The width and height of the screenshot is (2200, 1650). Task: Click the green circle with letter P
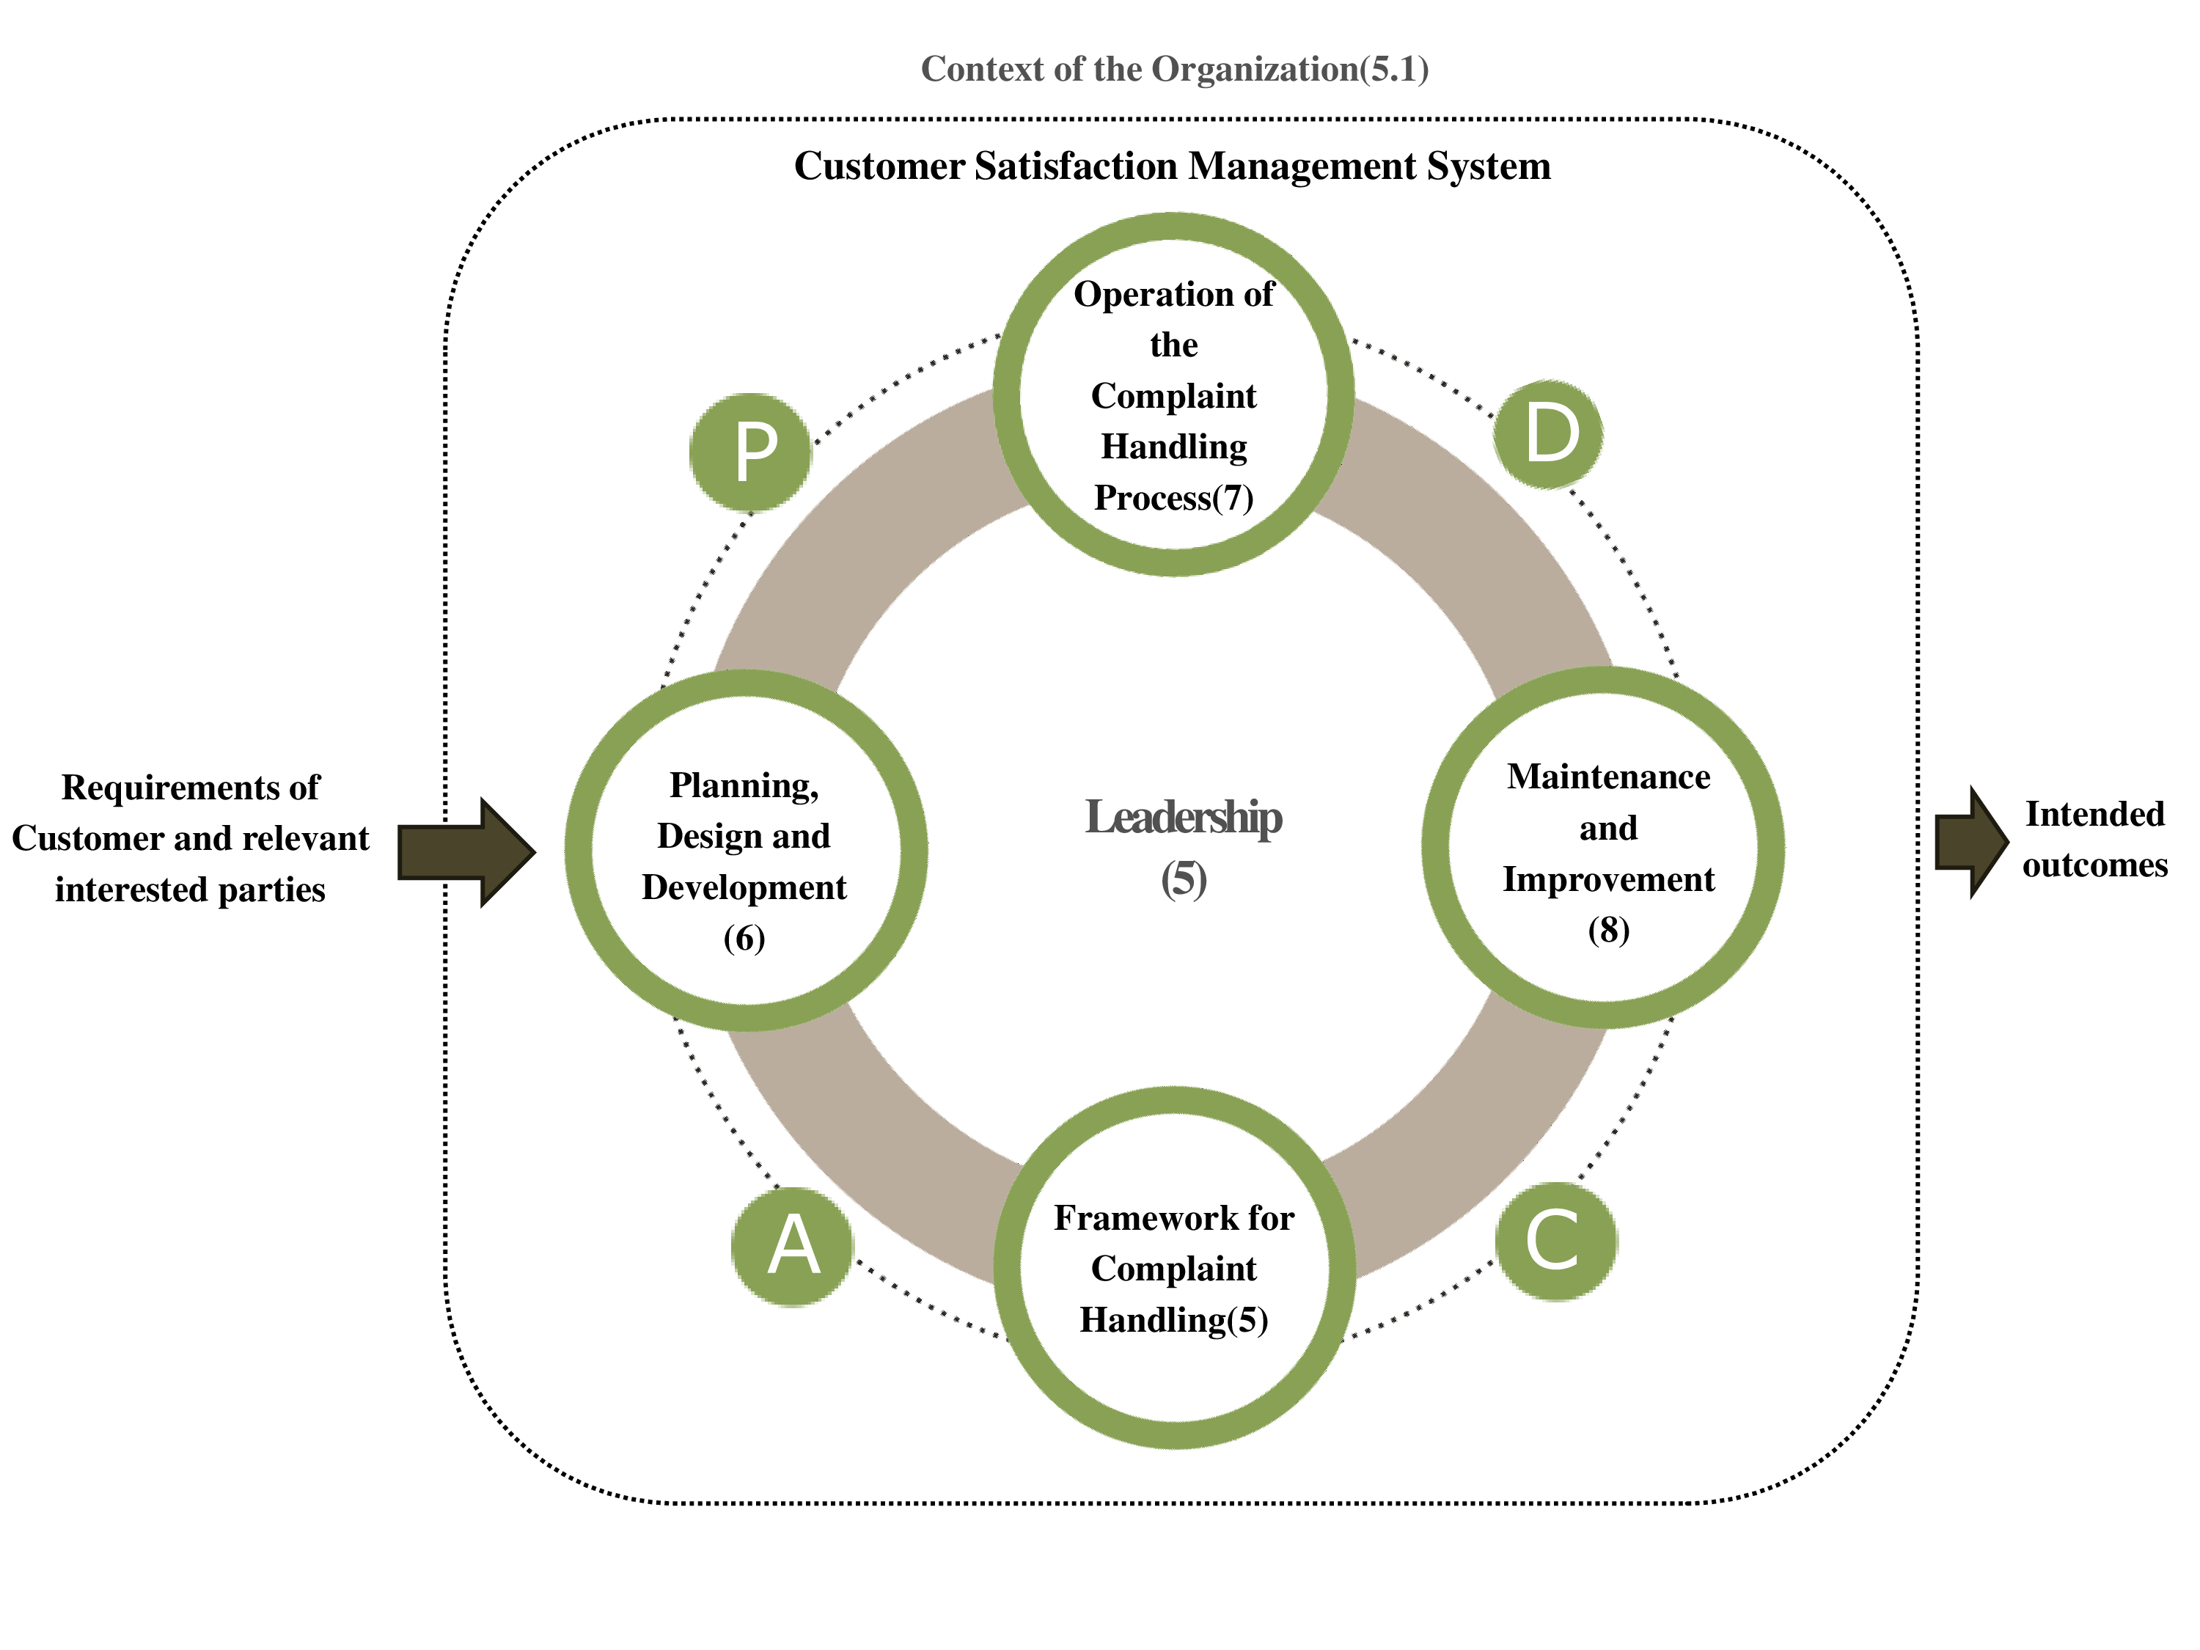click(751, 452)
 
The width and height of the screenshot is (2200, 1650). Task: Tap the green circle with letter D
click(1549, 433)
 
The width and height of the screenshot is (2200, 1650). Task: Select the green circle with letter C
click(1557, 1242)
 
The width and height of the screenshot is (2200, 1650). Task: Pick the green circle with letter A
click(793, 1246)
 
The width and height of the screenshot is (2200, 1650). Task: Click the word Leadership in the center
click(1183, 818)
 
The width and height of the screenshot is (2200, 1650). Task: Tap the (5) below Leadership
click(1184, 879)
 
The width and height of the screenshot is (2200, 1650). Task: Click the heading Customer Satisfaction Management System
click(1172, 166)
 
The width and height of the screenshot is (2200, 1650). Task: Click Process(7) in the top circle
click(1173, 497)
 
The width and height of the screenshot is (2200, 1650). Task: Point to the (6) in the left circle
click(744, 938)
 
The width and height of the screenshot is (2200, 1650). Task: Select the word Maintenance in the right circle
click(1608, 777)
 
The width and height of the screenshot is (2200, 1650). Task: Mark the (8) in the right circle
click(1608, 930)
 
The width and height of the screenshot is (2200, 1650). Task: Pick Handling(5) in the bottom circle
click(1173, 1320)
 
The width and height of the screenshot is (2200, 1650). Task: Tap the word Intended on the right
click(2094, 813)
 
